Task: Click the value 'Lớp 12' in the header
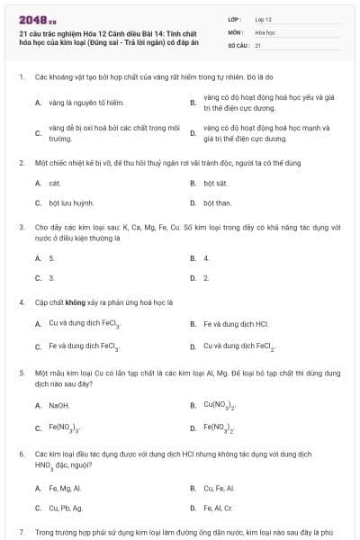[x=264, y=18]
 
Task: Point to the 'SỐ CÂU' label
[x=238, y=45]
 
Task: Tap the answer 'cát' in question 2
[x=53, y=183]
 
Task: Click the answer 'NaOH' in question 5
[x=58, y=405]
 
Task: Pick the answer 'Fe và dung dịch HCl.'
[x=237, y=324]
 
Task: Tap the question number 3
[x=21, y=228]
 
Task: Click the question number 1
[x=21, y=77]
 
